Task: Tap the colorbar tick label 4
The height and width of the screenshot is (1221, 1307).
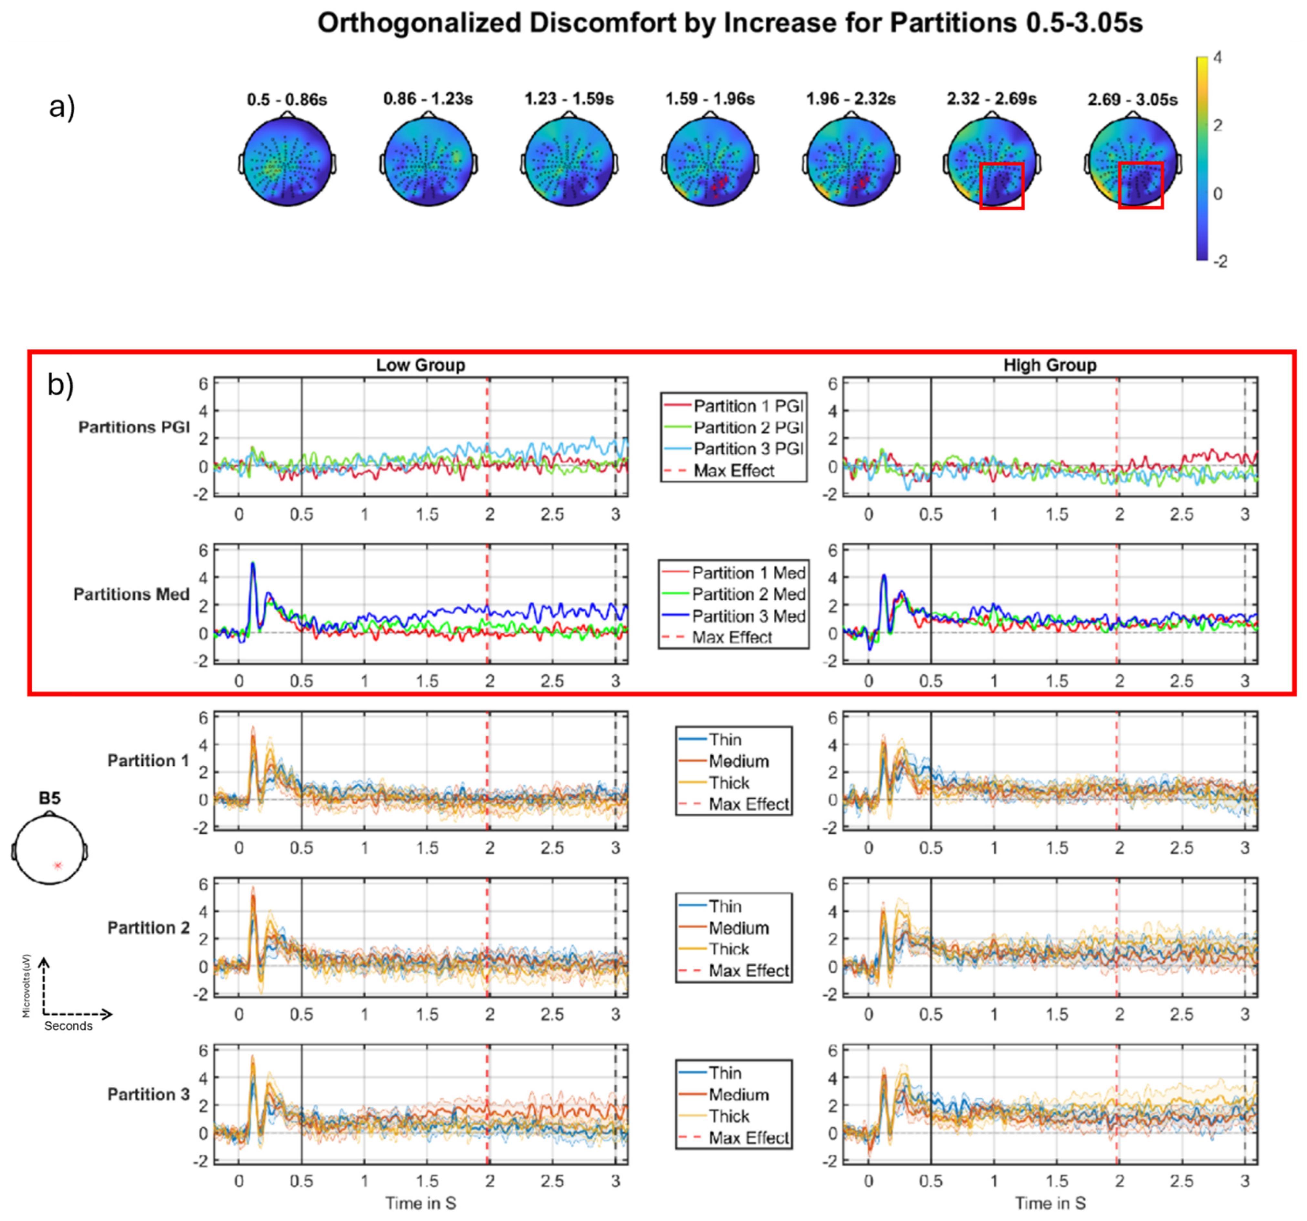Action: coord(1218,58)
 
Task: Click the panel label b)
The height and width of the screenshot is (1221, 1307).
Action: coord(60,386)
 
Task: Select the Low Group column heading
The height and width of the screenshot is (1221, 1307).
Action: coord(420,365)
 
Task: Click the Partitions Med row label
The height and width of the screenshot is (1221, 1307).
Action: coord(131,595)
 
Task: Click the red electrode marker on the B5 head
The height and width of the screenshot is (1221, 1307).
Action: coord(58,865)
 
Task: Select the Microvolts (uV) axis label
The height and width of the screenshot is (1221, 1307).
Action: coord(26,986)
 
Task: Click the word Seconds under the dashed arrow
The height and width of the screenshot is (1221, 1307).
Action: coord(68,1026)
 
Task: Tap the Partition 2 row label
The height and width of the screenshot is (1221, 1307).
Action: coord(148,928)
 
